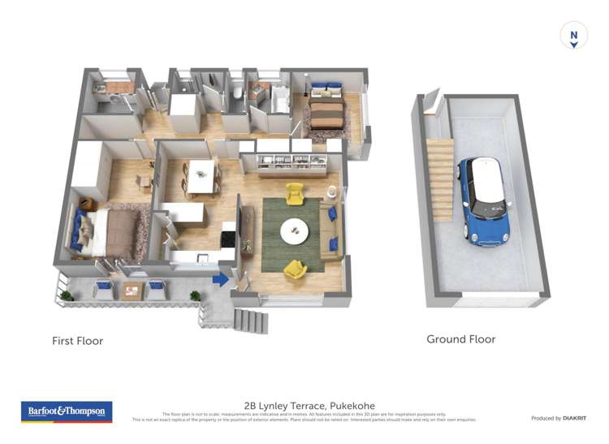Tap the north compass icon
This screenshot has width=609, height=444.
coord(573,37)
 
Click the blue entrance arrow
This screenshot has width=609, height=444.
coord(219,280)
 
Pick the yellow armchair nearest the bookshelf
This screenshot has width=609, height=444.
coord(294,193)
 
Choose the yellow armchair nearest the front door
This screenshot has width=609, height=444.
coord(294,268)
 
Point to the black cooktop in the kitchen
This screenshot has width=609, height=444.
coord(228,239)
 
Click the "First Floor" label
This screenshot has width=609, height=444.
coord(78,341)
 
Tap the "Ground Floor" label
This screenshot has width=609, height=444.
coord(460,339)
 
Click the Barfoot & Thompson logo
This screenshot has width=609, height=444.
coord(66,412)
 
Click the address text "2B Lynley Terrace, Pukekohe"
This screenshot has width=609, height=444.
coord(309,406)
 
